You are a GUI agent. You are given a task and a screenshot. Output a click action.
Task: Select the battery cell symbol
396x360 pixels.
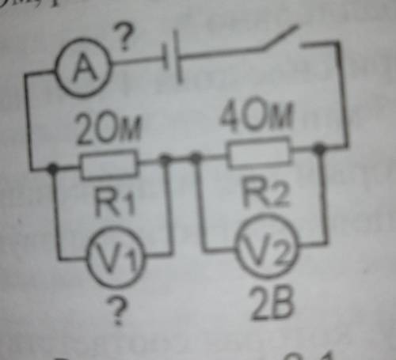(x=173, y=57)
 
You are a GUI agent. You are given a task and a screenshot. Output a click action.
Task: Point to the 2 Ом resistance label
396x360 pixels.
(x=109, y=129)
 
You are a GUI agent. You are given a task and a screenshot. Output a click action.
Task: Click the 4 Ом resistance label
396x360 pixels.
(x=257, y=114)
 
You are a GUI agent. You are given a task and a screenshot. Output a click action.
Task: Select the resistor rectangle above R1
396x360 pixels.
(x=109, y=165)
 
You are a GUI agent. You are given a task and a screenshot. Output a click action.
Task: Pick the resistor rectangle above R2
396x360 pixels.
(x=260, y=152)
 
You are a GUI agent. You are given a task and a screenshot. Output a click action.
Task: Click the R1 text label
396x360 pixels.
(x=115, y=202)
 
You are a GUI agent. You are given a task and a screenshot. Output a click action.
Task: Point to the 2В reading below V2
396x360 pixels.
(x=272, y=303)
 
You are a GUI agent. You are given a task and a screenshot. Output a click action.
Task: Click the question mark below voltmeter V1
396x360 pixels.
(x=117, y=309)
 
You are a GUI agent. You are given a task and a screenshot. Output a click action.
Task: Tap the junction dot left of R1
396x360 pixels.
(x=52, y=168)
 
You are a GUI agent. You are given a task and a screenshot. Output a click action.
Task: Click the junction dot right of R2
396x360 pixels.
(x=319, y=149)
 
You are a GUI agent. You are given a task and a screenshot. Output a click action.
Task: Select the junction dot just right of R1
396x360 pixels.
(x=166, y=159)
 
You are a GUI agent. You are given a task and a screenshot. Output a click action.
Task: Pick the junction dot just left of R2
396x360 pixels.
(x=196, y=157)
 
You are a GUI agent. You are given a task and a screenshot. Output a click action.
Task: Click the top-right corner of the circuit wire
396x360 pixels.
(x=338, y=43)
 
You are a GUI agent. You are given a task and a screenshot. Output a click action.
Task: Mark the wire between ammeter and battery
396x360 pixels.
(x=137, y=61)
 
